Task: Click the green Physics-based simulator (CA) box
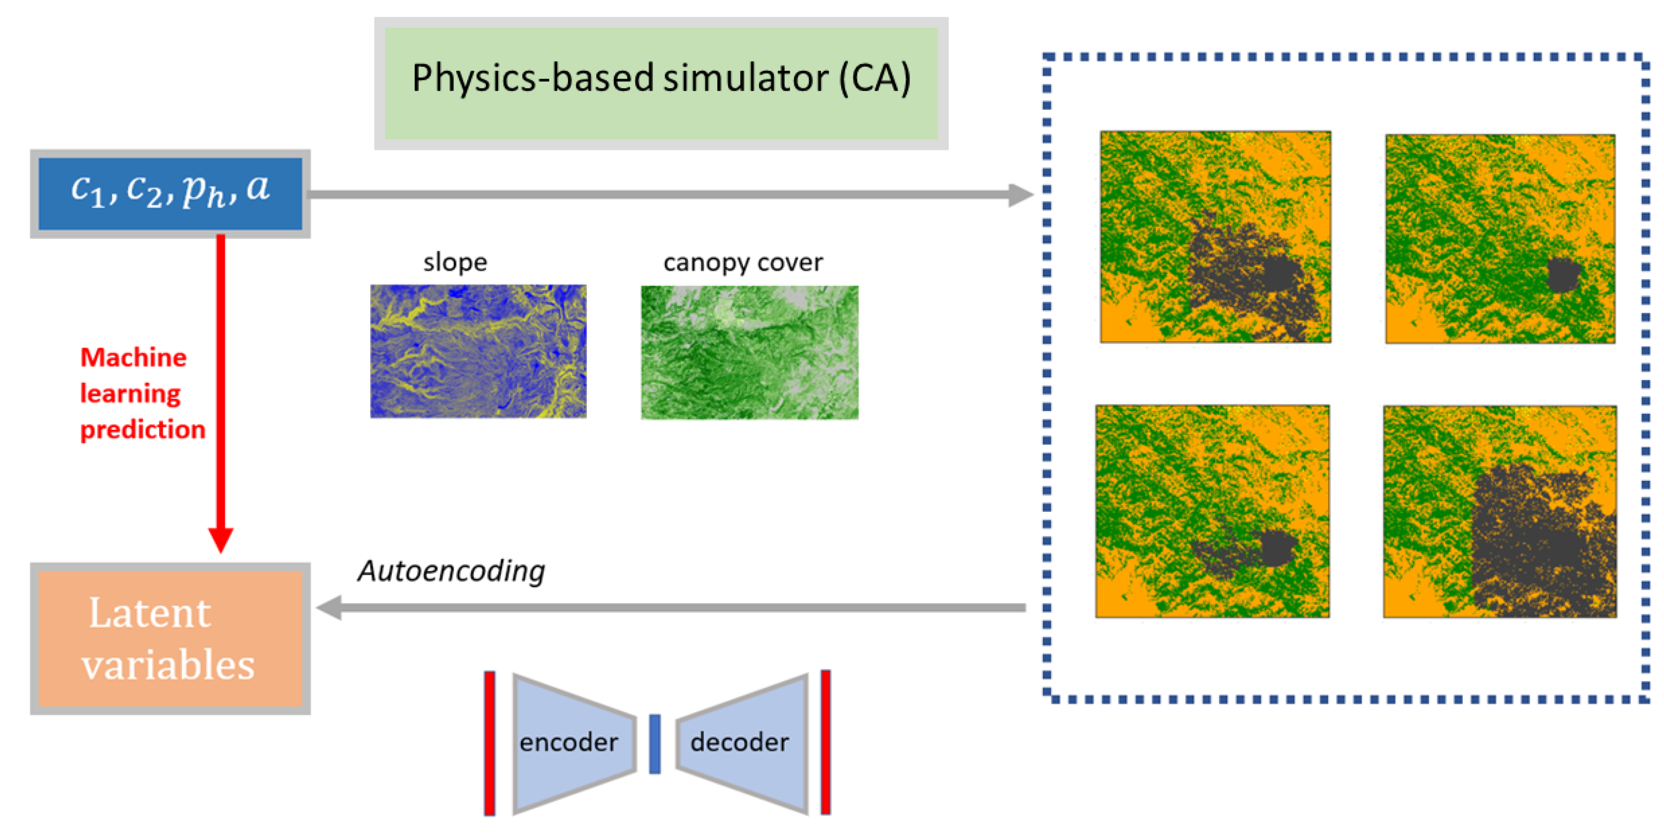click(661, 83)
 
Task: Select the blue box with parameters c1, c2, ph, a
click(170, 193)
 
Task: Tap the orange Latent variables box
click(170, 638)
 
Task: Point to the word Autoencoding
click(451, 571)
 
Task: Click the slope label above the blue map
click(455, 262)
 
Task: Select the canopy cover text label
click(743, 262)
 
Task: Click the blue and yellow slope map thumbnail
click(478, 351)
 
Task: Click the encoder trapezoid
click(572, 743)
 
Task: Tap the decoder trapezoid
click(743, 743)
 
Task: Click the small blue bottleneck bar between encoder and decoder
click(654, 743)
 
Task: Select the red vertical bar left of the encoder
click(490, 743)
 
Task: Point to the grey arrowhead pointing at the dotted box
click(1021, 194)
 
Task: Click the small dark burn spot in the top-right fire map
click(1563, 274)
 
